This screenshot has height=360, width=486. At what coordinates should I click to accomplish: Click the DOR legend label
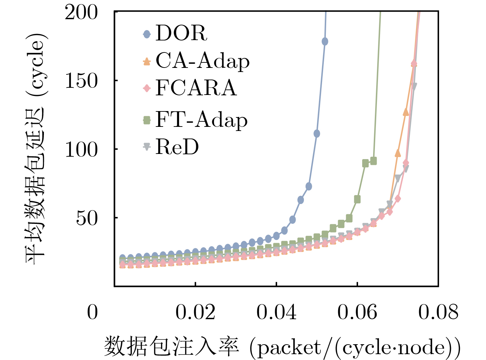tap(181, 33)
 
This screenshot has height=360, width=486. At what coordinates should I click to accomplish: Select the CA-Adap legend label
tap(202, 61)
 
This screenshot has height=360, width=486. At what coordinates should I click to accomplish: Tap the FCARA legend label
tap(196, 88)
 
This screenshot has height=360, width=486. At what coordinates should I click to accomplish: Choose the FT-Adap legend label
tap(201, 120)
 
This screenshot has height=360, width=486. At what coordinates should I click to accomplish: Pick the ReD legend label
tap(177, 147)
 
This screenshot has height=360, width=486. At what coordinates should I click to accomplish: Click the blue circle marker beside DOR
tap(147, 34)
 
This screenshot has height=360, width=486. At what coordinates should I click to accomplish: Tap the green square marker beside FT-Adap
tap(147, 120)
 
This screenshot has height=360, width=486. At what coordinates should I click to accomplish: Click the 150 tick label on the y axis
tap(81, 81)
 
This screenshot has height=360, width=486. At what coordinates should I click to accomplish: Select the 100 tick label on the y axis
tap(81, 149)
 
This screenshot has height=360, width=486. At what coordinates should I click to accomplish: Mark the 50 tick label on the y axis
tap(87, 218)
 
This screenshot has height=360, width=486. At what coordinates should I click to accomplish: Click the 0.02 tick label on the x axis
tap(195, 312)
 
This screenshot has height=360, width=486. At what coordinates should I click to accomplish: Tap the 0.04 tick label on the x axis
tap(276, 312)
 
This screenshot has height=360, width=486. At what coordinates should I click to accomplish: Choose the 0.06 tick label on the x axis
tap(357, 312)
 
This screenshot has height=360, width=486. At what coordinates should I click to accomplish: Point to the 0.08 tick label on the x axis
tap(438, 312)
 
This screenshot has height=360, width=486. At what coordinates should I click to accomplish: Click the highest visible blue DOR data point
tap(325, 41)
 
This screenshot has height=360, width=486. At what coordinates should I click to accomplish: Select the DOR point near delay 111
tap(317, 133)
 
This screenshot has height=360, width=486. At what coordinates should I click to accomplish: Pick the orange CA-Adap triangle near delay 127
tap(406, 112)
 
